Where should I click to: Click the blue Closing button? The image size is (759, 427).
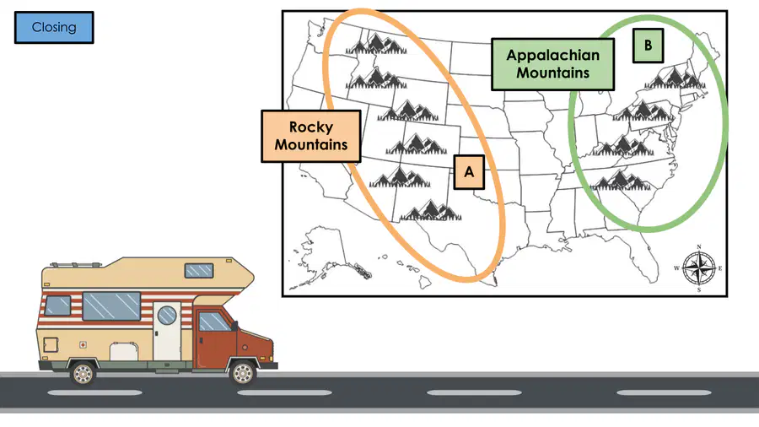point(54,28)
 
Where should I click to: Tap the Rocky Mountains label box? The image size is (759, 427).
point(311,136)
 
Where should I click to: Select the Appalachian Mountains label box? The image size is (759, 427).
point(552,64)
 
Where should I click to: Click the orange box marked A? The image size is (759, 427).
point(469,172)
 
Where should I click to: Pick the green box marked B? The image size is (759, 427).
point(649,46)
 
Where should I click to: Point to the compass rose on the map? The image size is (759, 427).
point(699,268)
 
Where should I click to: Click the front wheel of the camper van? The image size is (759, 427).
point(243,373)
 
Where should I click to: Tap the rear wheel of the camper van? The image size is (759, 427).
point(83,374)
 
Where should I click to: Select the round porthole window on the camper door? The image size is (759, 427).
point(167,315)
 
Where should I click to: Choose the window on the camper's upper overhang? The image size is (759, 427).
point(199,270)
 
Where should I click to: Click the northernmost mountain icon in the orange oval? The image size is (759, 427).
point(376,43)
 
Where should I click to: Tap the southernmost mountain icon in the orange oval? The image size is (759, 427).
point(431,211)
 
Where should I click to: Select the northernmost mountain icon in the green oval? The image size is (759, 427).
point(675,78)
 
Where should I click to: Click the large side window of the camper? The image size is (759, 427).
point(111,306)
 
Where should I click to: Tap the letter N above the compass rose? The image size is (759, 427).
point(699,247)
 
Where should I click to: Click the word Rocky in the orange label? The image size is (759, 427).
point(311,127)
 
